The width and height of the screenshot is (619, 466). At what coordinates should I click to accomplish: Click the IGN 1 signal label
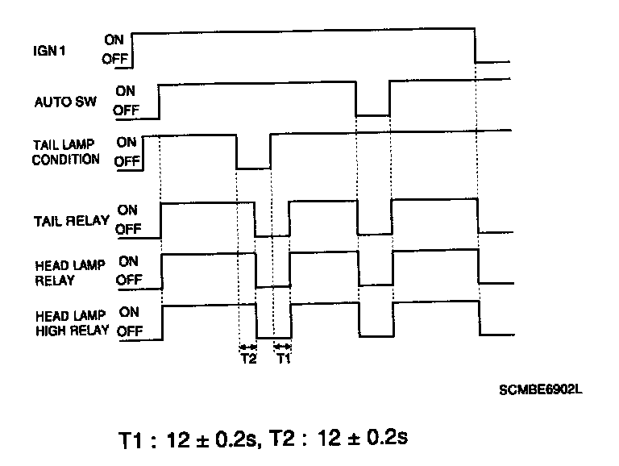coord(48,49)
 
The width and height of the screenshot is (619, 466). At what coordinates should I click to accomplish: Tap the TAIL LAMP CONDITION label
coord(66,152)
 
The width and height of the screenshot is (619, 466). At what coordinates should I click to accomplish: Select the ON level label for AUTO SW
coord(124,91)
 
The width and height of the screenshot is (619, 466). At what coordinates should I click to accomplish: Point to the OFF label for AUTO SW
coord(125,112)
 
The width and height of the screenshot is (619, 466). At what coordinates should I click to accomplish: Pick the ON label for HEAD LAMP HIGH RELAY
coord(129,310)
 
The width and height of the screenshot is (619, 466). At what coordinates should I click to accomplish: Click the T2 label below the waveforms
coord(248,359)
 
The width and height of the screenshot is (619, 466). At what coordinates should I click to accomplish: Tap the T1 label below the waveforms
coord(282,359)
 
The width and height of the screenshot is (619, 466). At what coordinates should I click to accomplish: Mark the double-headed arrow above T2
coord(247,346)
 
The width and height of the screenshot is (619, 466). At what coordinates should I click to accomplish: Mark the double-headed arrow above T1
coord(282,346)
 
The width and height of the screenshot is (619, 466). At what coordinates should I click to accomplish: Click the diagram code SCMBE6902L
coord(540,390)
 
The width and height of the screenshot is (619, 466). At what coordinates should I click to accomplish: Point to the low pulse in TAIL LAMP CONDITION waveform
coord(253,168)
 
